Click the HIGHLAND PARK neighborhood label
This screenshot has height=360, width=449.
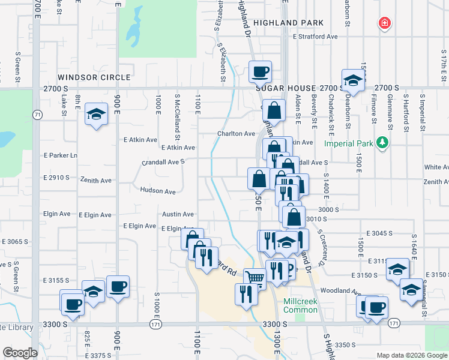coord(288,23)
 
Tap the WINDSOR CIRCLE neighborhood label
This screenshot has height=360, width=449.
coord(94,77)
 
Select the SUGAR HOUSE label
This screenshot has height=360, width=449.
coord(286,88)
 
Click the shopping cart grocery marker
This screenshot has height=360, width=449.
coord(255,278)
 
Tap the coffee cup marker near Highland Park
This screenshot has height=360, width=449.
coord(261,72)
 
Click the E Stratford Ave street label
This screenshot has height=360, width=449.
coord(315,37)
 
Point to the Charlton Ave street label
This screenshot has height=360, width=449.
coord(237,134)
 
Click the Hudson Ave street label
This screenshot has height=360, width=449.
coord(157,191)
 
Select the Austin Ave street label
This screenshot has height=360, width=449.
coord(178,214)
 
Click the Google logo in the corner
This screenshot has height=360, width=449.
coord(20,353)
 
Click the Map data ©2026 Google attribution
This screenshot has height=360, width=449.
coord(411,355)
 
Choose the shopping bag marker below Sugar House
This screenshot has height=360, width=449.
coord(274,110)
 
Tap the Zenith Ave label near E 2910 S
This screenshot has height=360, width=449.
coord(97,180)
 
